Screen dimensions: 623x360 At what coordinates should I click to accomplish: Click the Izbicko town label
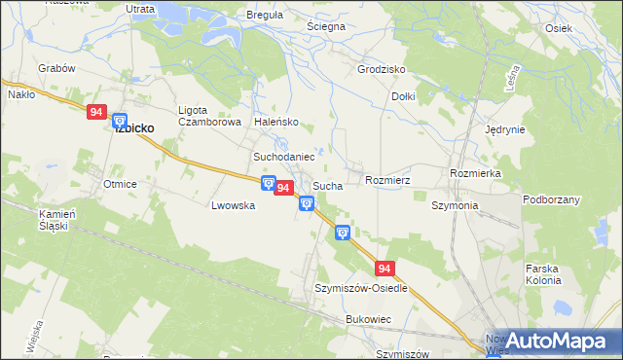134,127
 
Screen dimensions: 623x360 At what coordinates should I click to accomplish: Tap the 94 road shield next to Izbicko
95,113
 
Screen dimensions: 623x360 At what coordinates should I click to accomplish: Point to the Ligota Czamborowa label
208,116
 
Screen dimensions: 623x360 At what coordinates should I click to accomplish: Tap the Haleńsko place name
276,123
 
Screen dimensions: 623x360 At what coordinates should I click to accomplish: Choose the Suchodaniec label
283,157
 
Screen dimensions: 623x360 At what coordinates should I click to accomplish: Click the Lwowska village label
233,206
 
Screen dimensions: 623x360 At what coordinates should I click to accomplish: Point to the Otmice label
121,184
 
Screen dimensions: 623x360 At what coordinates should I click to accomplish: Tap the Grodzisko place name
381,70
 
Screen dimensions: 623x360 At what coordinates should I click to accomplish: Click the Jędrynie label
505,129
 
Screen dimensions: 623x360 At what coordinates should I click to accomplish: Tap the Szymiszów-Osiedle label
360,289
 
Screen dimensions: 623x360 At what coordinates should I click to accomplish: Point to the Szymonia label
455,206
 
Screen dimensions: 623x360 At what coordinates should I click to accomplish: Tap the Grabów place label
56,69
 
